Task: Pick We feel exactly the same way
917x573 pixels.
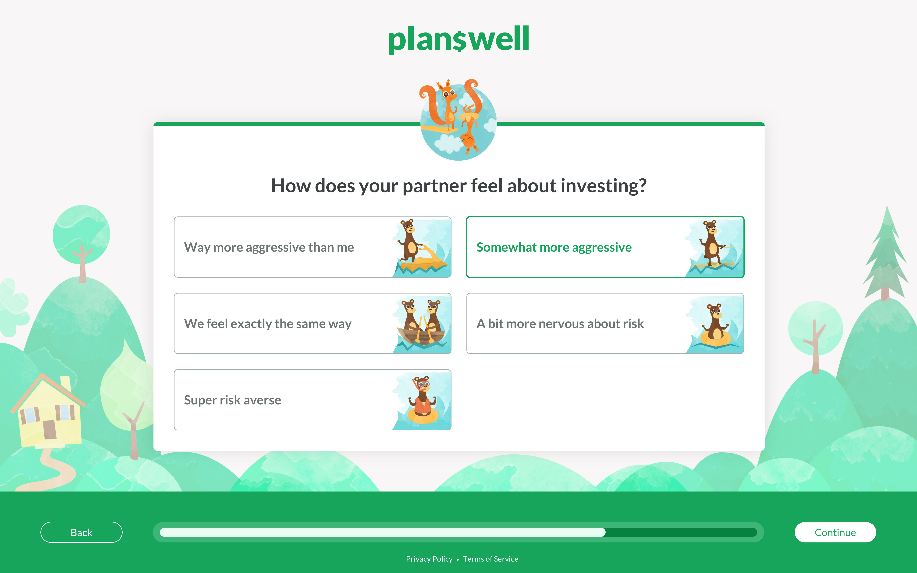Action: tap(267, 324)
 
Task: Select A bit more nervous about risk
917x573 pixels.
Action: tap(560, 324)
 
